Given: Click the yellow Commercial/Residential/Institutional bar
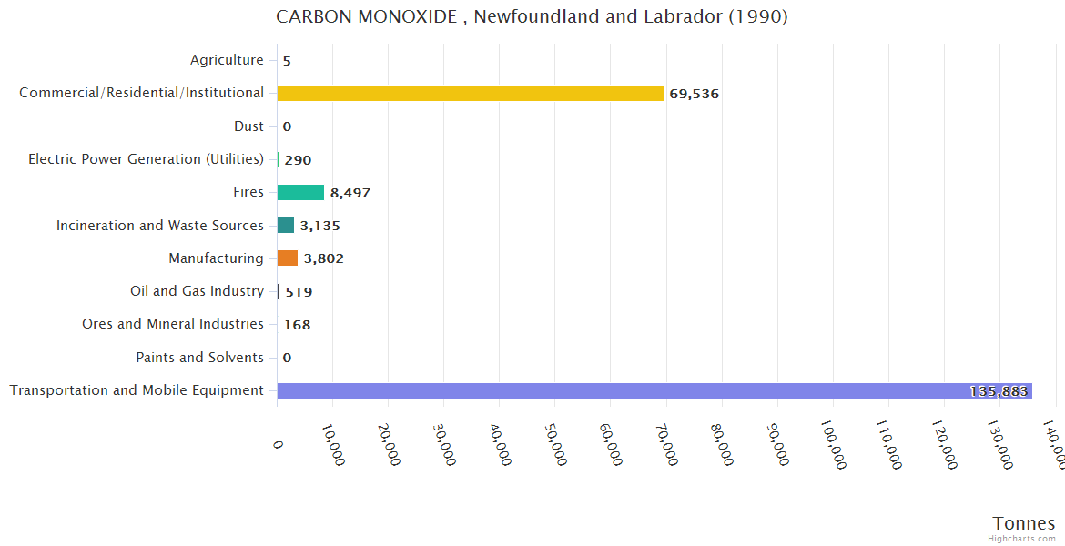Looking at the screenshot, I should coord(470,93).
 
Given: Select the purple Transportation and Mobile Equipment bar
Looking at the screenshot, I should coord(654,390).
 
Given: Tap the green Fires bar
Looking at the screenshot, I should coord(300,192).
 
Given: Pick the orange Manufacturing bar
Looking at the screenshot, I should coord(288,258).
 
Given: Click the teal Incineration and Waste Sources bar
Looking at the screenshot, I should coord(286,225).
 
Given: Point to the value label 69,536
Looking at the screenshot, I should coord(694,94).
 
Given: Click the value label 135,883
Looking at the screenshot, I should coord(999,391).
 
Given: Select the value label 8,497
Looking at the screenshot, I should coord(350,193).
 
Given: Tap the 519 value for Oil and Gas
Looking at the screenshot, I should coord(299,292).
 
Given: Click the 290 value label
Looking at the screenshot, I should coord(298,160).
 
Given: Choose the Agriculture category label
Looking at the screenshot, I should coord(227,60).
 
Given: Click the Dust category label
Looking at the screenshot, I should coord(248,126).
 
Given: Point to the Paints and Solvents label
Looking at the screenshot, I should coord(199,358).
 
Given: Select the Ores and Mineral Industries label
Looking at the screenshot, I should coord(173,324).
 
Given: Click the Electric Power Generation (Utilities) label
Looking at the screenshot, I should coord(146,159).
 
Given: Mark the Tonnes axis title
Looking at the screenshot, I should coord(1024,523).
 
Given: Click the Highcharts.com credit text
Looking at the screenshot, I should coord(1022,538).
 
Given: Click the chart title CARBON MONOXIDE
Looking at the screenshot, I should coord(532,16).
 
